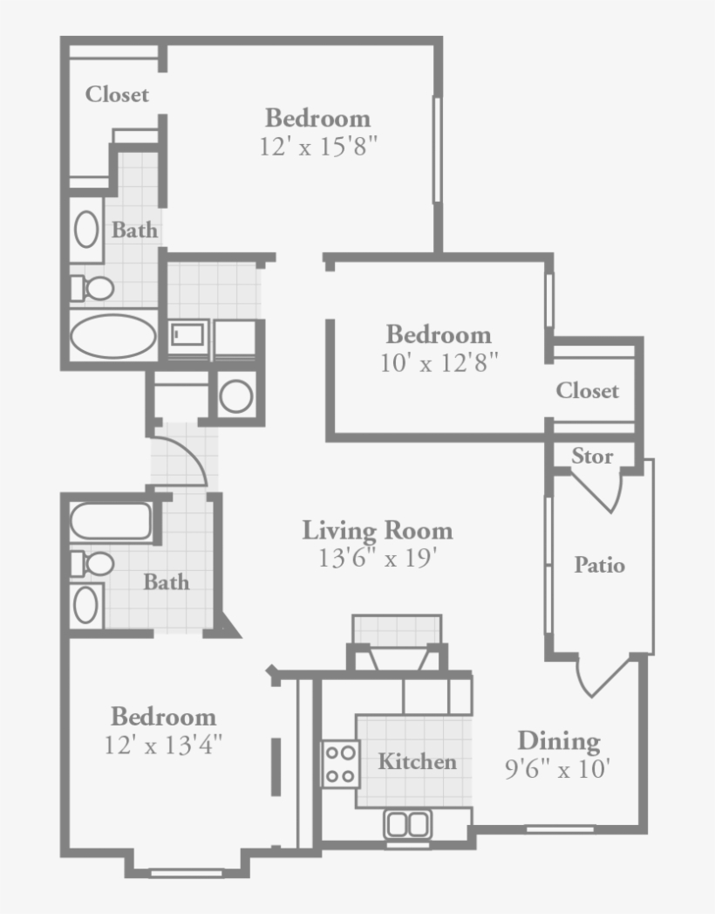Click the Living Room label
[x=378, y=530]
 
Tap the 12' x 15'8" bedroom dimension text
[x=317, y=146]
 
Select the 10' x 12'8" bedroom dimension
[x=439, y=362]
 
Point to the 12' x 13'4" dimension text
[x=163, y=745]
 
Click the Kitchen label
[x=417, y=761]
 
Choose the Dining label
[x=559, y=741]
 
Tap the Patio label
[x=599, y=565]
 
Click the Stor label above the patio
[x=592, y=457]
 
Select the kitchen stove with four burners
[x=340, y=764]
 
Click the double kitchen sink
[x=407, y=824]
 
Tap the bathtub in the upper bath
[x=112, y=335]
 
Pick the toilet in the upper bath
[x=92, y=287]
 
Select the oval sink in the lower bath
[x=85, y=605]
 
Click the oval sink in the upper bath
[x=85, y=230]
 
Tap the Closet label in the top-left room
[x=117, y=94]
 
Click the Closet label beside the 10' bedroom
[x=588, y=391]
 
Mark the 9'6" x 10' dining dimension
[x=556, y=769]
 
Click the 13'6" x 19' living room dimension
[x=378, y=557]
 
